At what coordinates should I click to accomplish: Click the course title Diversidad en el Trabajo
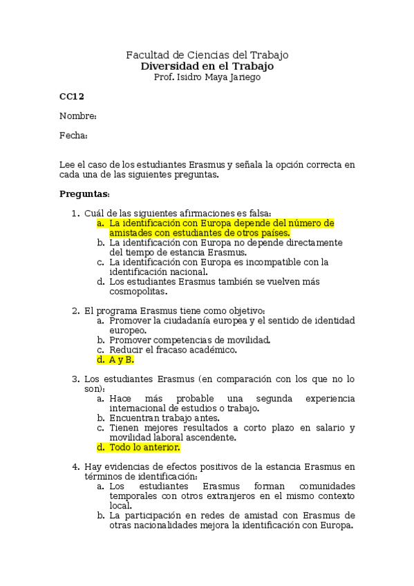(207, 66)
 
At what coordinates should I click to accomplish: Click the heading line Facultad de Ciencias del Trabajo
(207, 55)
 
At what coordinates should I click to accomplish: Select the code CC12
(72, 96)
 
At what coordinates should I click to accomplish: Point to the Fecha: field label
(73, 135)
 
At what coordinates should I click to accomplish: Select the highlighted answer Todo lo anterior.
(144, 447)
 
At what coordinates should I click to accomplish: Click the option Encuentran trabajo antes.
(164, 418)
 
